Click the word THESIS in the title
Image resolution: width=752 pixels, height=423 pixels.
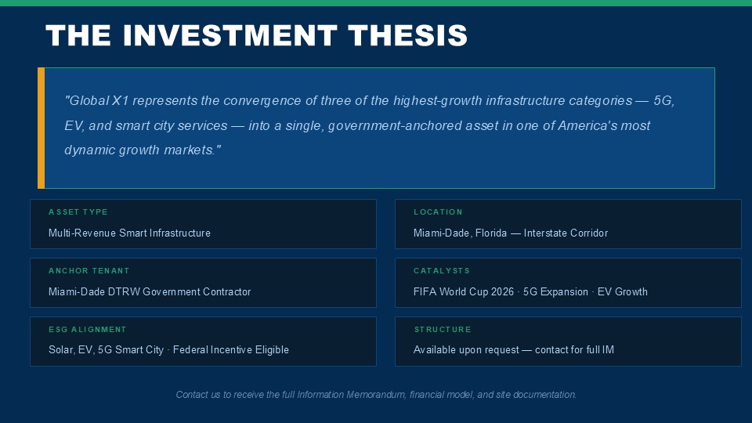tap(407, 35)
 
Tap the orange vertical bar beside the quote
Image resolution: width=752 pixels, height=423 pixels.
tap(42, 128)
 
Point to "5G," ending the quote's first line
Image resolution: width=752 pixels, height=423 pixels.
tap(664, 101)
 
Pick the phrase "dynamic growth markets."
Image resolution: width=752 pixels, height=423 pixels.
tap(143, 150)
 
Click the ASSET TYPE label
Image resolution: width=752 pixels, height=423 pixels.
tap(78, 212)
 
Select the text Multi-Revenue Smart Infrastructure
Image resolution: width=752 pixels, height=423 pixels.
tap(129, 233)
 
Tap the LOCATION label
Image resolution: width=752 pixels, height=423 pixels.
tap(439, 212)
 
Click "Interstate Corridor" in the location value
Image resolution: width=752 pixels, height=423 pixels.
tap(566, 233)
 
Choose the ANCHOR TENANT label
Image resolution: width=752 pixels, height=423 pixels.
tap(89, 271)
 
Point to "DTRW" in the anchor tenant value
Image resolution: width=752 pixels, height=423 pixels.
tap(124, 291)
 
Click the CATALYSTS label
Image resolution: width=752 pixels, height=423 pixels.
tap(442, 271)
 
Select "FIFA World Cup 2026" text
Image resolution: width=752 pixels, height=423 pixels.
tap(464, 291)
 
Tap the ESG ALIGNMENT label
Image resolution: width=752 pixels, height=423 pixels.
tap(87, 330)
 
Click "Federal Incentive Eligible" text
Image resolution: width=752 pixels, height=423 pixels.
tap(231, 350)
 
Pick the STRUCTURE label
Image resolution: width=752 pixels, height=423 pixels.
tap(443, 330)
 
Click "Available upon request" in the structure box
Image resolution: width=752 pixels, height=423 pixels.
tap(466, 350)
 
